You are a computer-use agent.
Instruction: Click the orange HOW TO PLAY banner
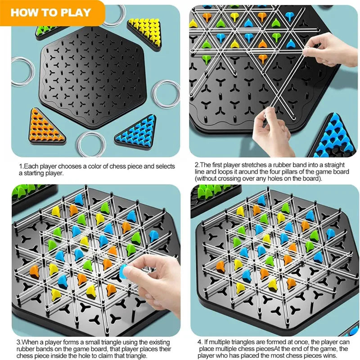pyautogui.click(x=50, y=12)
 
